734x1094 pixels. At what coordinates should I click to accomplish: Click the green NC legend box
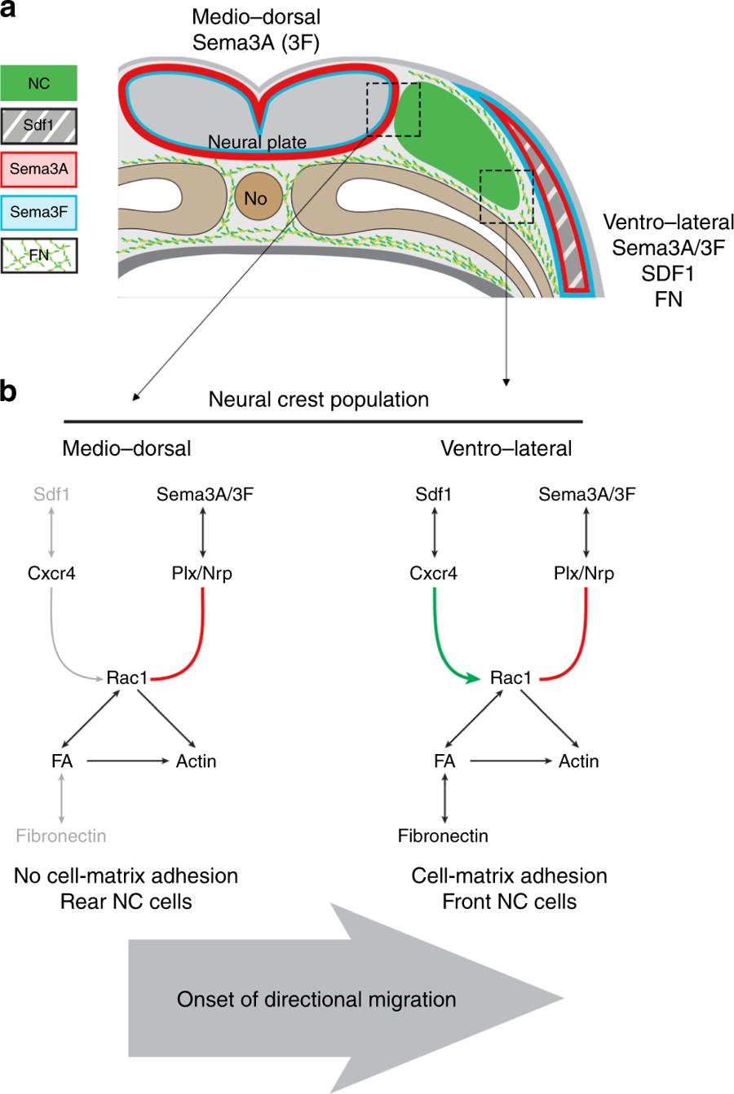39,83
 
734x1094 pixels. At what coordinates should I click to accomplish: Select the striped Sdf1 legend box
39,127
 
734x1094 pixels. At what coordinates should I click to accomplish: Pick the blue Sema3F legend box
39,213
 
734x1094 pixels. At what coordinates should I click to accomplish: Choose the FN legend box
39,255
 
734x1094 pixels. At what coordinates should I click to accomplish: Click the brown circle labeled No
255,197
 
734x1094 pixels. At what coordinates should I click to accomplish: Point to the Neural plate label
257,143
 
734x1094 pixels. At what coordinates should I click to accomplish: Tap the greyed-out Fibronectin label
61,836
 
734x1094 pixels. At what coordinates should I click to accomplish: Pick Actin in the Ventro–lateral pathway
578,761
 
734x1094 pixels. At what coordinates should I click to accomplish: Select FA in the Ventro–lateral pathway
444,761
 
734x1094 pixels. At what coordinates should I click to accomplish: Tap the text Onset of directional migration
316,999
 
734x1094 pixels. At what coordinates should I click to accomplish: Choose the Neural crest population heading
318,400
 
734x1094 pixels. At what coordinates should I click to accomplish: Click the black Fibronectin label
443,836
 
